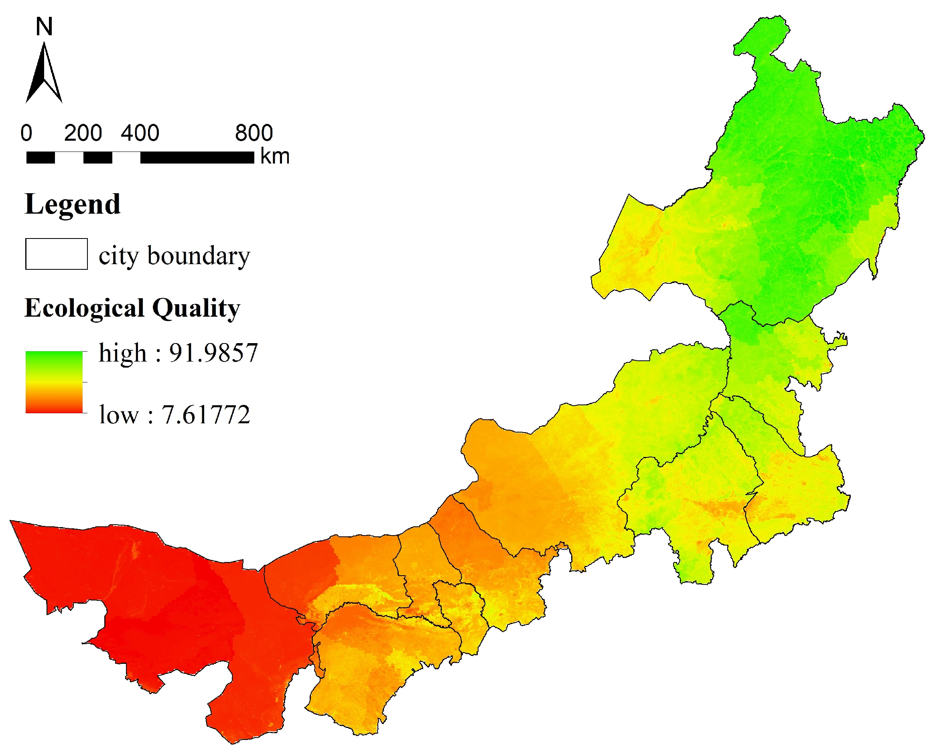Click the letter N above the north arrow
click(x=44, y=27)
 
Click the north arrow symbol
click(x=44, y=74)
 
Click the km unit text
click(x=275, y=156)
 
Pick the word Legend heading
click(x=73, y=204)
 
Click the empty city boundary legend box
click(x=57, y=254)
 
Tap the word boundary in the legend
click(x=199, y=255)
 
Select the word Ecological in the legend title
click(x=84, y=308)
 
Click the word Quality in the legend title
click(x=196, y=309)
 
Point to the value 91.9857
click(x=213, y=353)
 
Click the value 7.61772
click(x=206, y=415)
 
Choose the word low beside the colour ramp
click(x=118, y=415)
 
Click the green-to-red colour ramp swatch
click(x=54, y=382)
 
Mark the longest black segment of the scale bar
click(x=197, y=157)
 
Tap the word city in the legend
click(x=118, y=256)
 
